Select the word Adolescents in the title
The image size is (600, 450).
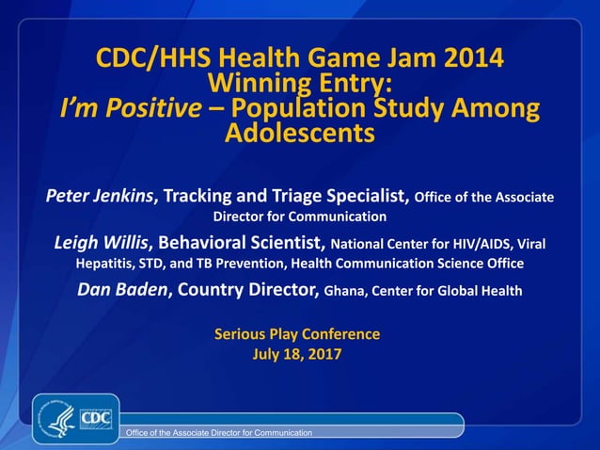pos(300,134)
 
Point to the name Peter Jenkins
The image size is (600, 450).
pos(100,197)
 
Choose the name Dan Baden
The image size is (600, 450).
pos(122,290)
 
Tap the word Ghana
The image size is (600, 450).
pos(345,291)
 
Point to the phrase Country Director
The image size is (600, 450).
pos(248,290)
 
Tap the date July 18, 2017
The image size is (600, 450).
pos(297,355)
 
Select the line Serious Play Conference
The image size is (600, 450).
pos(297,334)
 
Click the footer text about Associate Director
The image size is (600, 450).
pos(219,432)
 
